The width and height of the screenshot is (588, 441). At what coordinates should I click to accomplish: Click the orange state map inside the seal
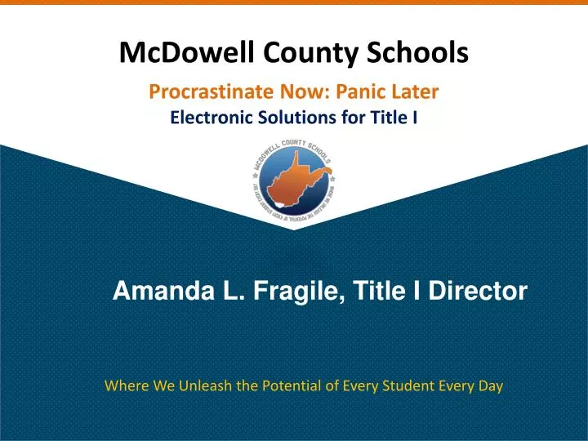[292, 181]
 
